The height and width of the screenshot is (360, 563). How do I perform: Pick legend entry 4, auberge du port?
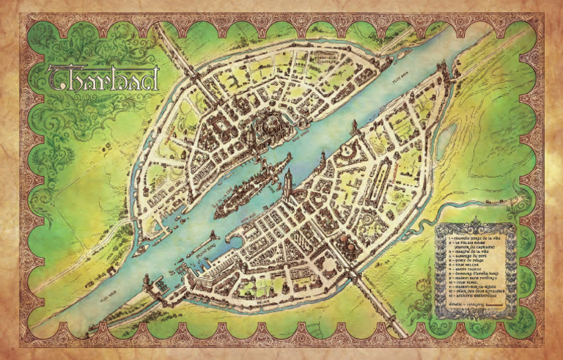pos(471,256)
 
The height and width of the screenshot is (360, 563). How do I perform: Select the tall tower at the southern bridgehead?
pos(288,179)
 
